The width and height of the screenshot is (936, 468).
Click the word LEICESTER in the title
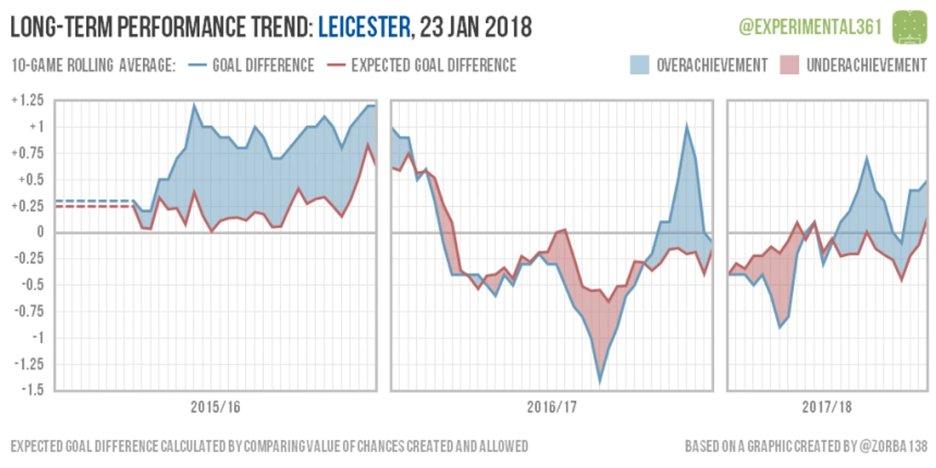pyautogui.click(x=364, y=27)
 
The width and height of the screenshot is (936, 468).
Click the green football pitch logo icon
pyautogui.click(x=910, y=27)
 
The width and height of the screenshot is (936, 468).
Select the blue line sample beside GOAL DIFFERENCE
pyautogui.click(x=198, y=65)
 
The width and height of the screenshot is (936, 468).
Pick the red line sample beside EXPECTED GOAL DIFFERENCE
pyautogui.click(x=337, y=65)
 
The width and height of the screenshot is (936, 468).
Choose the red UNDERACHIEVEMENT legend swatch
pyautogui.click(x=789, y=65)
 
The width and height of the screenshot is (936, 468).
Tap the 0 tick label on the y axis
pyautogui.click(x=42, y=233)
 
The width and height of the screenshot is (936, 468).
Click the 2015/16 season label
pyautogui.click(x=215, y=407)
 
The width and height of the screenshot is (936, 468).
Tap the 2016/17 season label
pyautogui.click(x=551, y=407)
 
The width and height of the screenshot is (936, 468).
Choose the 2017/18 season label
pyautogui.click(x=827, y=407)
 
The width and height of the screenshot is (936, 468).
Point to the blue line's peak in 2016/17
pyautogui.click(x=687, y=127)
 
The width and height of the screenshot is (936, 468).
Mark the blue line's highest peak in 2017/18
pyautogui.click(x=867, y=158)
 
